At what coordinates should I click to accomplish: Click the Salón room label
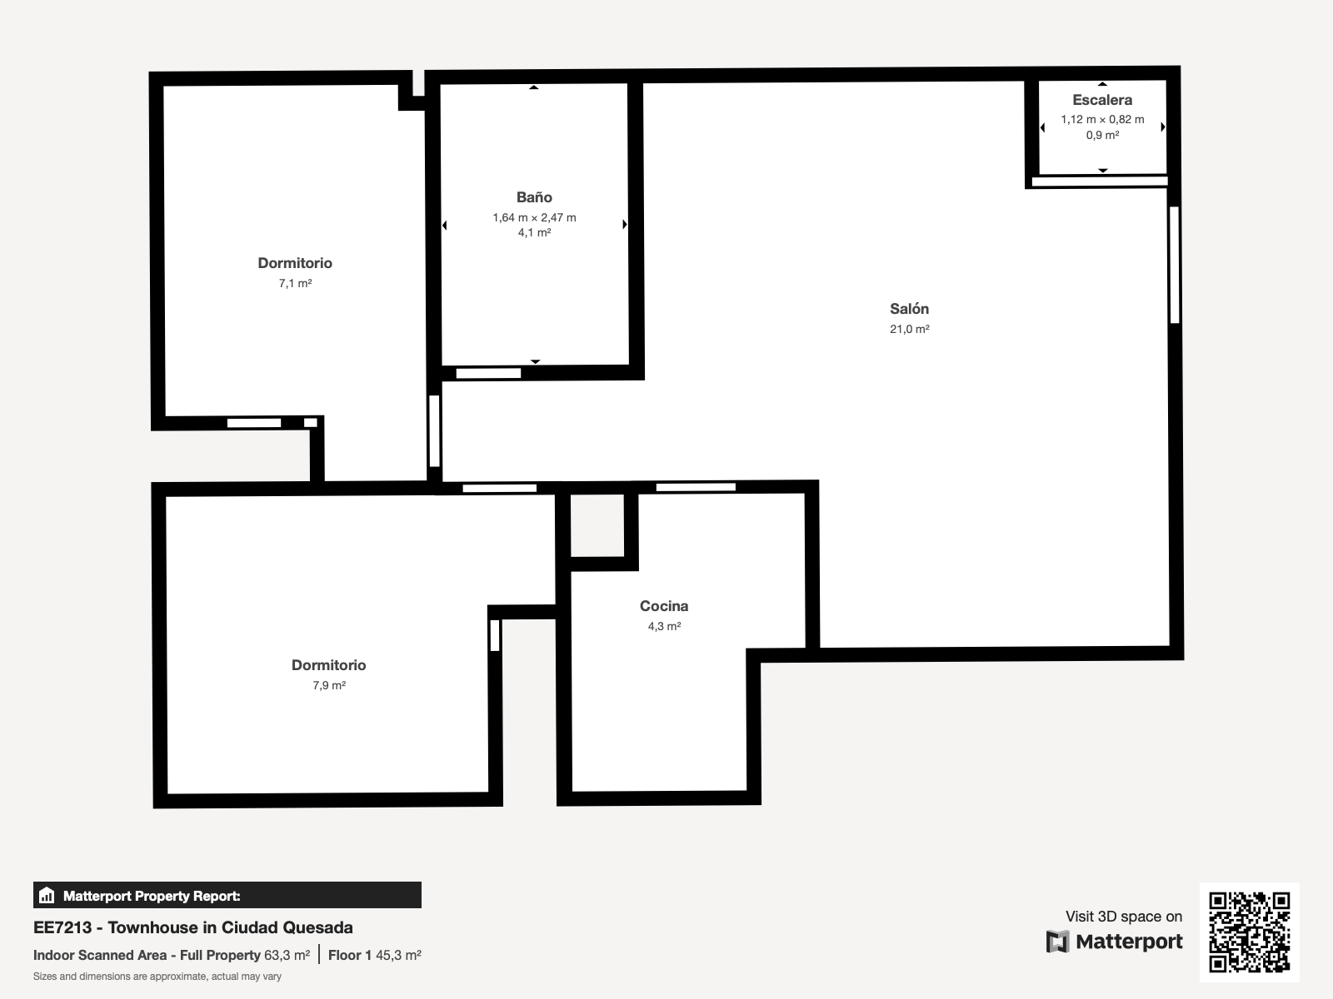coord(909,309)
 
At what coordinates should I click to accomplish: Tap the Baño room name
coord(534,197)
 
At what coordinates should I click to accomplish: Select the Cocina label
coord(664,606)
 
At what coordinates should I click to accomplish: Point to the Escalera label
coord(1102,100)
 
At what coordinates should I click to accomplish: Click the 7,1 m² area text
coord(295,283)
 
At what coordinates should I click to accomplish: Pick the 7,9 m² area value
coord(329,685)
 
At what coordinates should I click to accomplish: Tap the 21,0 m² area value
coord(910,329)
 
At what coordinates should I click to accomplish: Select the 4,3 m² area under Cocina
coord(664,626)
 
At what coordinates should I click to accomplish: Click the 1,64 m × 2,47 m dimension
coord(534,217)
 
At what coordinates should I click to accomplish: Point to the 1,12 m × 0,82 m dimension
coord(1102,120)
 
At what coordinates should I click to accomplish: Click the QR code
coord(1249,932)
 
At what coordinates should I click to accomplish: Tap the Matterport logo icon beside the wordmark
coord(1057,942)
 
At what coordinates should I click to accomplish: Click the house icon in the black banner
coord(47,895)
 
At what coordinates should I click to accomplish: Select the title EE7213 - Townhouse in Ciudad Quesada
coord(193,927)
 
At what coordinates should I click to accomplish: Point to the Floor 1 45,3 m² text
coord(375,956)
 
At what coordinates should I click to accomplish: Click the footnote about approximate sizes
coord(157,977)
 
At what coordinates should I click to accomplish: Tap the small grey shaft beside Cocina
coord(597,525)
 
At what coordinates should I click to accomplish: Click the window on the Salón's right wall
coord(1175,265)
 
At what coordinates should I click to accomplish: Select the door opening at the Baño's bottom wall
coord(488,373)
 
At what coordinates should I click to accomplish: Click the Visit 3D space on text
coord(1124,916)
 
